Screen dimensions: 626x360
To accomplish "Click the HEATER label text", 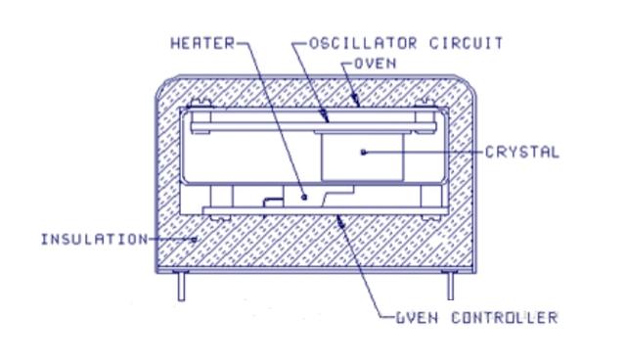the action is point(202,43).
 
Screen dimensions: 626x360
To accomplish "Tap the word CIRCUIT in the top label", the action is point(467,43).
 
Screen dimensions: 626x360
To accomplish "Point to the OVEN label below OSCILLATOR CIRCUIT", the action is point(376,64).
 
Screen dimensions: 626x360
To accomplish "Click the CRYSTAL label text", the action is point(522,152).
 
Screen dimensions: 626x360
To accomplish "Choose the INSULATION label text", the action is point(95,240).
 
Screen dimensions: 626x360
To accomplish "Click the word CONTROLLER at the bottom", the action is point(505,318).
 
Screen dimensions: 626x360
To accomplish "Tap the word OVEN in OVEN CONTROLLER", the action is point(417,318).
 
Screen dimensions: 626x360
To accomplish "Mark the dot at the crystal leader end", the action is point(363,152).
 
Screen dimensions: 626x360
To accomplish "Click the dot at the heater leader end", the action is point(304,197).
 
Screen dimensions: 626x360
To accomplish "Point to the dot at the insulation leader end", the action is point(195,240).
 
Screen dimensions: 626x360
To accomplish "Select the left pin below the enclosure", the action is point(181,286).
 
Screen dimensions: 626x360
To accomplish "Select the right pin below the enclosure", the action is point(450,286).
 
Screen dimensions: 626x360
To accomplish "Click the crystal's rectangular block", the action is point(363,157).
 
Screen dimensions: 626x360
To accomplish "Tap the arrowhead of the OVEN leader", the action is point(355,101).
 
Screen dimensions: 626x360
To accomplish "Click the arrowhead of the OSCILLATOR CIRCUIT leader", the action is point(325,116).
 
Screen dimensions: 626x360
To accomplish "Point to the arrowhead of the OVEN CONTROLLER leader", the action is point(340,221).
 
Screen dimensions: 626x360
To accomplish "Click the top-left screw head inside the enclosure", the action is point(200,103).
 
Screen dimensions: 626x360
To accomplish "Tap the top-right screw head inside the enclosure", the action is point(425,103).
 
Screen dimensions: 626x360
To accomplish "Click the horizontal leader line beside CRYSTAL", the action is point(424,152).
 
